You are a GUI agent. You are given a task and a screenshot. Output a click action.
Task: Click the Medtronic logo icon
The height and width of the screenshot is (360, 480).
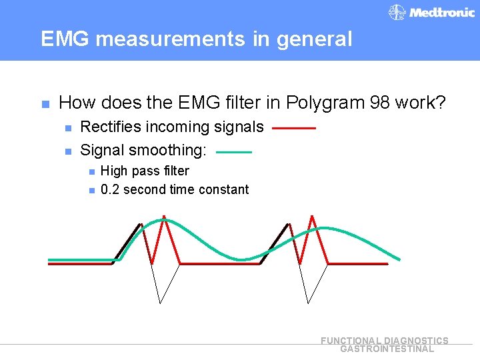tap(397, 13)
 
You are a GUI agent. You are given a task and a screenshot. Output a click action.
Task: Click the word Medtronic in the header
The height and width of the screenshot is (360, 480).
tap(442, 13)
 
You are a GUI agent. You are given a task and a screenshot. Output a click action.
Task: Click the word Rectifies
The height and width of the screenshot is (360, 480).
tap(111, 127)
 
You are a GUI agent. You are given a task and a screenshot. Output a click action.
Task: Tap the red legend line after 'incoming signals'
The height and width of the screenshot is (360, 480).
tap(294, 127)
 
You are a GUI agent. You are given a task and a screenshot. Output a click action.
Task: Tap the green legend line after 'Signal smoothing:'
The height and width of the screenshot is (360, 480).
tap(234, 152)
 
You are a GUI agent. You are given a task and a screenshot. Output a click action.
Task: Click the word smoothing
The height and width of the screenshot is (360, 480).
tap(167, 151)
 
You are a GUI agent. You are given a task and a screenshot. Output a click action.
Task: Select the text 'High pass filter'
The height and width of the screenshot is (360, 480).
tap(145, 171)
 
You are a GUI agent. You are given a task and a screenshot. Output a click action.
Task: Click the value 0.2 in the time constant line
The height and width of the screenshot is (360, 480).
tap(110, 190)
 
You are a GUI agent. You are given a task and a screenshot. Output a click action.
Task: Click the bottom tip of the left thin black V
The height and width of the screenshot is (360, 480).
tap(160, 302)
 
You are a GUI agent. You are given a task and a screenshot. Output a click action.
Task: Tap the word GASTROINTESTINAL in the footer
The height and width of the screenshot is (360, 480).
tap(387, 349)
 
